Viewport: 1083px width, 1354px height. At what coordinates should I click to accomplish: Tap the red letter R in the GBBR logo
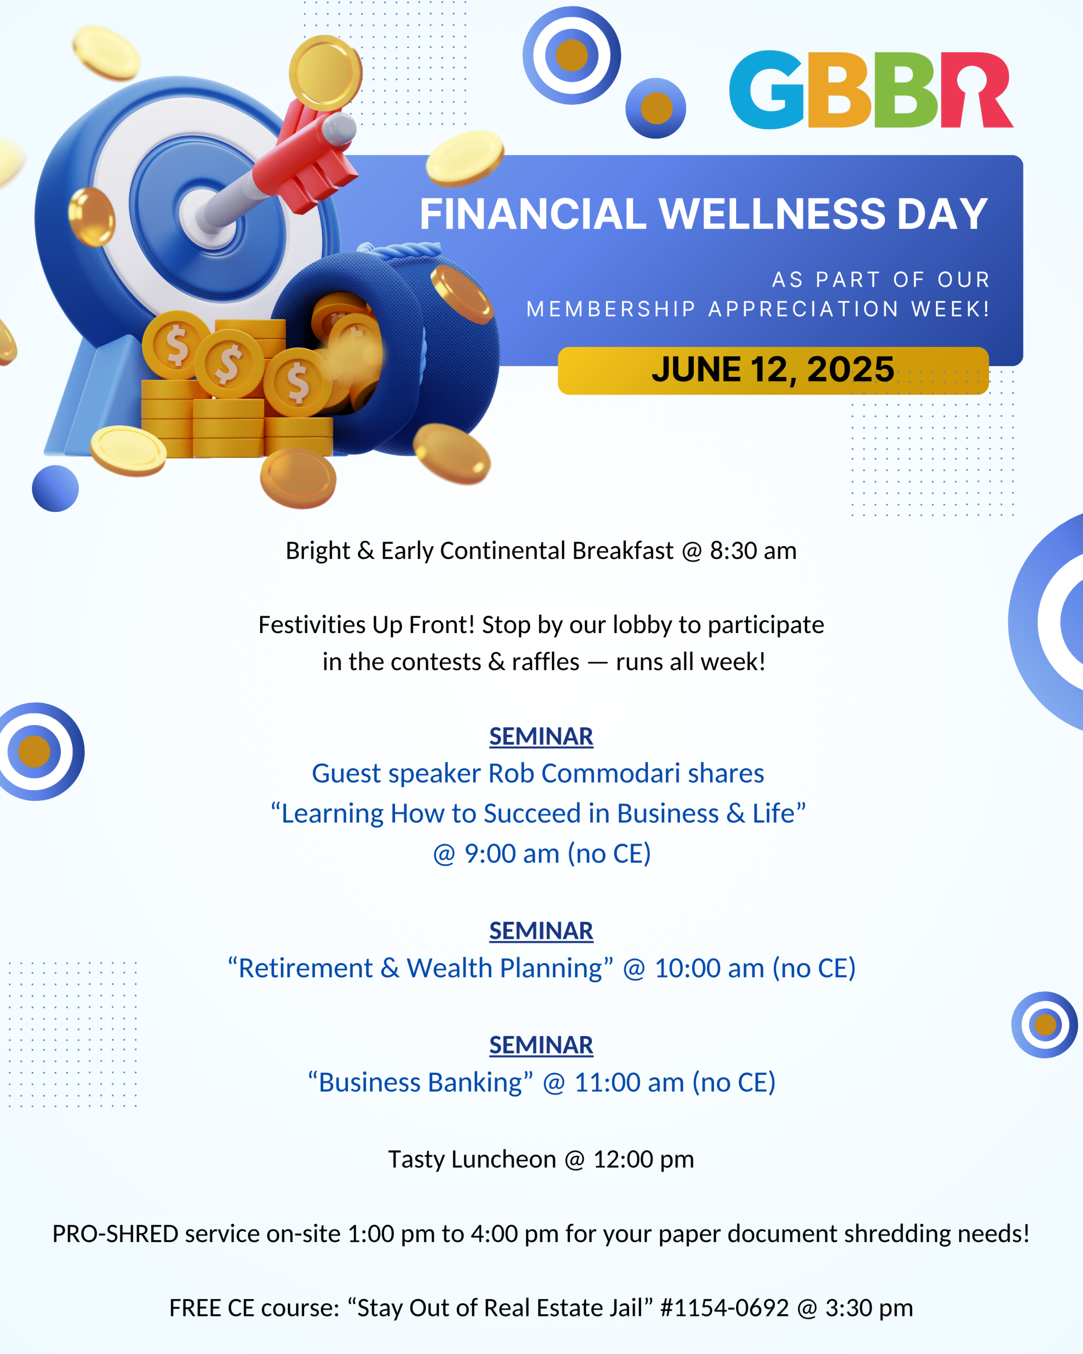(976, 90)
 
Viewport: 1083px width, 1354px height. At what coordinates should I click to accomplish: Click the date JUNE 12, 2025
(773, 369)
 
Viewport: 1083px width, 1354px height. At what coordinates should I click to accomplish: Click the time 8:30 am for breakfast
(753, 551)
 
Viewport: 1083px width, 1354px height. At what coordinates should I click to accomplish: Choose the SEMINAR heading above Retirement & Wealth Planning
(541, 931)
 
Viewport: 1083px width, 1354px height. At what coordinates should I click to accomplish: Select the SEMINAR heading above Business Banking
(541, 1045)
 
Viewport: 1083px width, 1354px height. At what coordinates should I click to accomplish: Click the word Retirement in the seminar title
(306, 968)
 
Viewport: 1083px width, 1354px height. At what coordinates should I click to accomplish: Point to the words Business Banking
(420, 1083)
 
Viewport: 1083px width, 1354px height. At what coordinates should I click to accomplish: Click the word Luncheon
(503, 1159)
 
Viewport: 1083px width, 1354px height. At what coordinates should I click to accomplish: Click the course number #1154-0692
(724, 1308)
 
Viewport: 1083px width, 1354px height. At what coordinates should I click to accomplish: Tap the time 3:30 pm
(869, 1308)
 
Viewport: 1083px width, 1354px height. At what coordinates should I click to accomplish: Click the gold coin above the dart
(325, 73)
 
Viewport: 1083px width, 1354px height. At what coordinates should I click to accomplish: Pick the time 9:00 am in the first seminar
(512, 854)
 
